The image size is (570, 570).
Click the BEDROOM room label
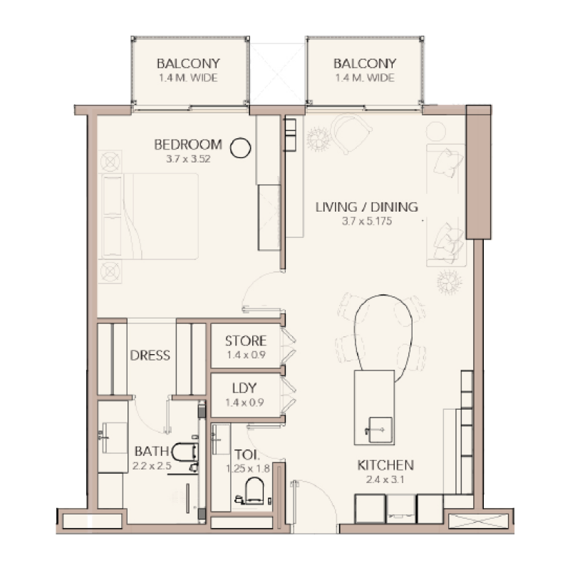pos(188,145)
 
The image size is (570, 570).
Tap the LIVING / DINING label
pos(366,207)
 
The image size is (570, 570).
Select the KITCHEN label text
pos(385,465)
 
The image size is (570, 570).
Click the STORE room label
pos(246,341)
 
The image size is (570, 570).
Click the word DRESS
pos(150,355)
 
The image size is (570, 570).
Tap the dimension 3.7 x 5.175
pos(366,222)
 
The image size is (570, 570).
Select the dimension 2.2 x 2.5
pos(152,466)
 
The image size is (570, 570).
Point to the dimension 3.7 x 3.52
pos(188,159)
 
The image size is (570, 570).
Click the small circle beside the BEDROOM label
pos(242,147)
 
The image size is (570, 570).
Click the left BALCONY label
pos(189,63)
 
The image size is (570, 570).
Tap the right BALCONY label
pos(365,63)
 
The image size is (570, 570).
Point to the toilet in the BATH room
pos(185,457)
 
